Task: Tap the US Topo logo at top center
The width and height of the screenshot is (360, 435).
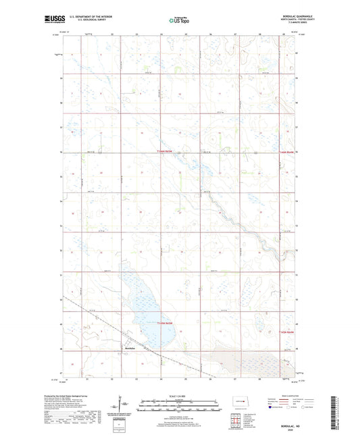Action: click(x=179, y=21)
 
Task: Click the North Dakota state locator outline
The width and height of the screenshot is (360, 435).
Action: click(x=236, y=398)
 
